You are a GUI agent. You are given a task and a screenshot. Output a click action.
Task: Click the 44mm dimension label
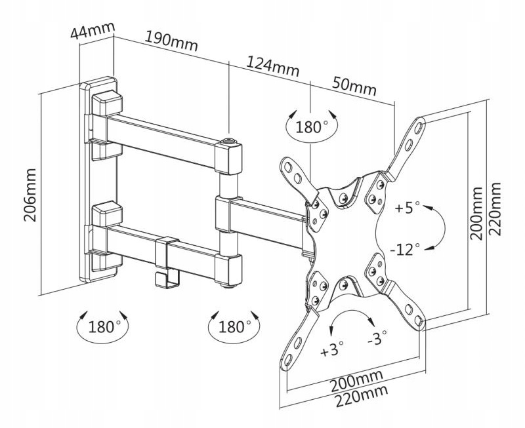click(93, 30)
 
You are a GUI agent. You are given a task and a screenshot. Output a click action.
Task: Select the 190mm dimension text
click(171, 41)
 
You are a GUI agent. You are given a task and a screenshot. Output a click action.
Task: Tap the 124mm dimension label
click(272, 67)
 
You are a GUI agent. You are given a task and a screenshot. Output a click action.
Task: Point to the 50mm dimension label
click(354, 86)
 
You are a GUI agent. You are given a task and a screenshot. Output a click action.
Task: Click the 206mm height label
click(30, 195)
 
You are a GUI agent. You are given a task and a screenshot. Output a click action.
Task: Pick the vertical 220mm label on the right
click(494, 209)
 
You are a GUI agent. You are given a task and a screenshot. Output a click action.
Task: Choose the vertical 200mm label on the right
click(476, 213)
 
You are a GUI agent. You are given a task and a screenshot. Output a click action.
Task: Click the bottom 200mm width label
click(356, 381)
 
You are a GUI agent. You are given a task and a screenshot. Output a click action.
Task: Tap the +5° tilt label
click(407, 208)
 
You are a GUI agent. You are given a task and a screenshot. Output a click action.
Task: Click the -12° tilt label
click(405, 249)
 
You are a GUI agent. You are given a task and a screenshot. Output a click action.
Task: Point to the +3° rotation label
click(332, 349)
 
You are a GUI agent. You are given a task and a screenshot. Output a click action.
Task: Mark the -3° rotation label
click(377, 338)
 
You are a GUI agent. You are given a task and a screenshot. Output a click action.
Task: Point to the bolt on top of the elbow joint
click(228, 141)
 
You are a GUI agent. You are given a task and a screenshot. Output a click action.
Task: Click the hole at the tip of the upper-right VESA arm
click(419, 126)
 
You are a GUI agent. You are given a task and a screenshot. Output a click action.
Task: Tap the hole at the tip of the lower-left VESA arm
click(287, 360)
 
